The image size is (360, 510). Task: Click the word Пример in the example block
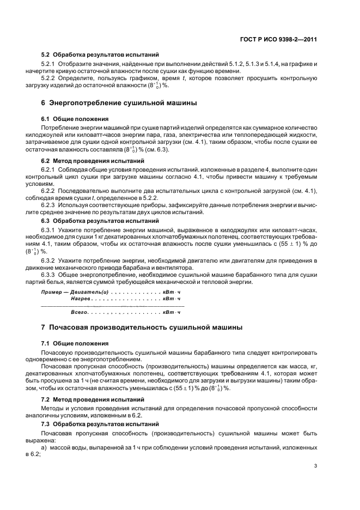(53, 293)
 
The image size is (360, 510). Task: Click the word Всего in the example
(80, 313)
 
